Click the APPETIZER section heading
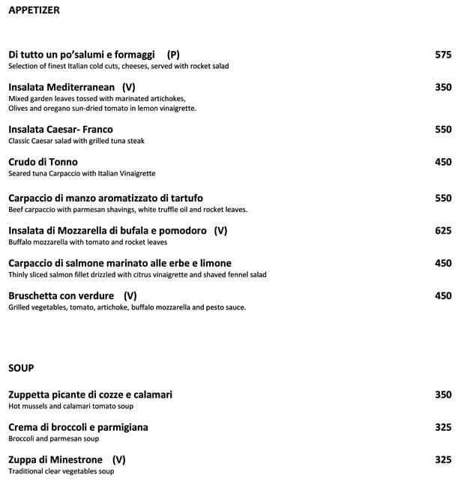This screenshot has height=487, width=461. pos(34,10)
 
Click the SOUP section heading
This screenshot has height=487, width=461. pos(21,368)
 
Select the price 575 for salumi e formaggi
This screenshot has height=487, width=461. pos(443,55)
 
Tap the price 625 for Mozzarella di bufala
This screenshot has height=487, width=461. pos(443,231)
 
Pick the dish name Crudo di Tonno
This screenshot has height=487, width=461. pos(43,162)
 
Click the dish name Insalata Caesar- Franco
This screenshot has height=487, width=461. pos(61,130)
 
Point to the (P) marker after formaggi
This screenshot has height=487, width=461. pos(173,55)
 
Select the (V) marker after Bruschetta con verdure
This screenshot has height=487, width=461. pos(130,295)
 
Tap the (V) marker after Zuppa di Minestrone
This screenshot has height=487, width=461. pos(118,459)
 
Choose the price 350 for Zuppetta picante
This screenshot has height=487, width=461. pos(443,395)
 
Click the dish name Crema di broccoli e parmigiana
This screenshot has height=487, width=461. pos(78,427)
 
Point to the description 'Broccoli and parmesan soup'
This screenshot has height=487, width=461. pos(54,439)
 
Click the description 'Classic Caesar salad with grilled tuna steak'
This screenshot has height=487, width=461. pos(76,141)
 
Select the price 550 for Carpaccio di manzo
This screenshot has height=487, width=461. pos(443,199)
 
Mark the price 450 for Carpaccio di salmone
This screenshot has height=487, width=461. pos(443,263)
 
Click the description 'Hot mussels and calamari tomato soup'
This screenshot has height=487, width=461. pos(70,406)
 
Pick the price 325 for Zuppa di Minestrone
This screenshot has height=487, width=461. pos(443,459)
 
